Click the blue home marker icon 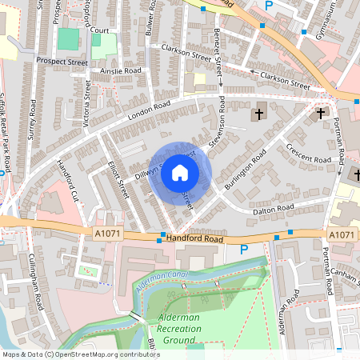click(x=180, y=172)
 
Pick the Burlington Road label click(x=245, y=170)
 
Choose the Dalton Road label click(x=273, y=208)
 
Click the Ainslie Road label click(x=121, y=70)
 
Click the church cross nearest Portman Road click(x=322, y=114)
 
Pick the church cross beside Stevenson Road click(x=258, y=114)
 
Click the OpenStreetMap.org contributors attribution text click(x=104, y=354)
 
